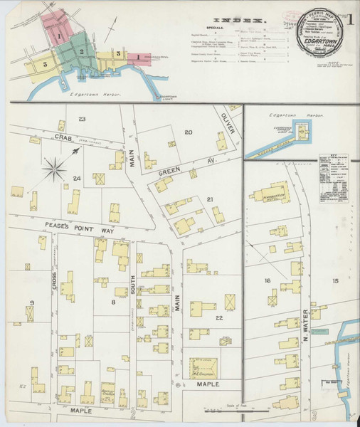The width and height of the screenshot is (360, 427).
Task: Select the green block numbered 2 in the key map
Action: [83, 52]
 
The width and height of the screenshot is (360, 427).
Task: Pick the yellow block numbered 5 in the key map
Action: [44, 63]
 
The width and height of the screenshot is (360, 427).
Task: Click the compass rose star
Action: [55, 169]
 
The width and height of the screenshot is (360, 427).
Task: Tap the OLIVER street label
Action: [227, 122]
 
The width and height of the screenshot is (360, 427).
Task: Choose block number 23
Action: [83, 119]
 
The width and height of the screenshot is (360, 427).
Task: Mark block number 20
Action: [189, 132]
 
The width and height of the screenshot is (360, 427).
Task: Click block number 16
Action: [268, 281]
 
